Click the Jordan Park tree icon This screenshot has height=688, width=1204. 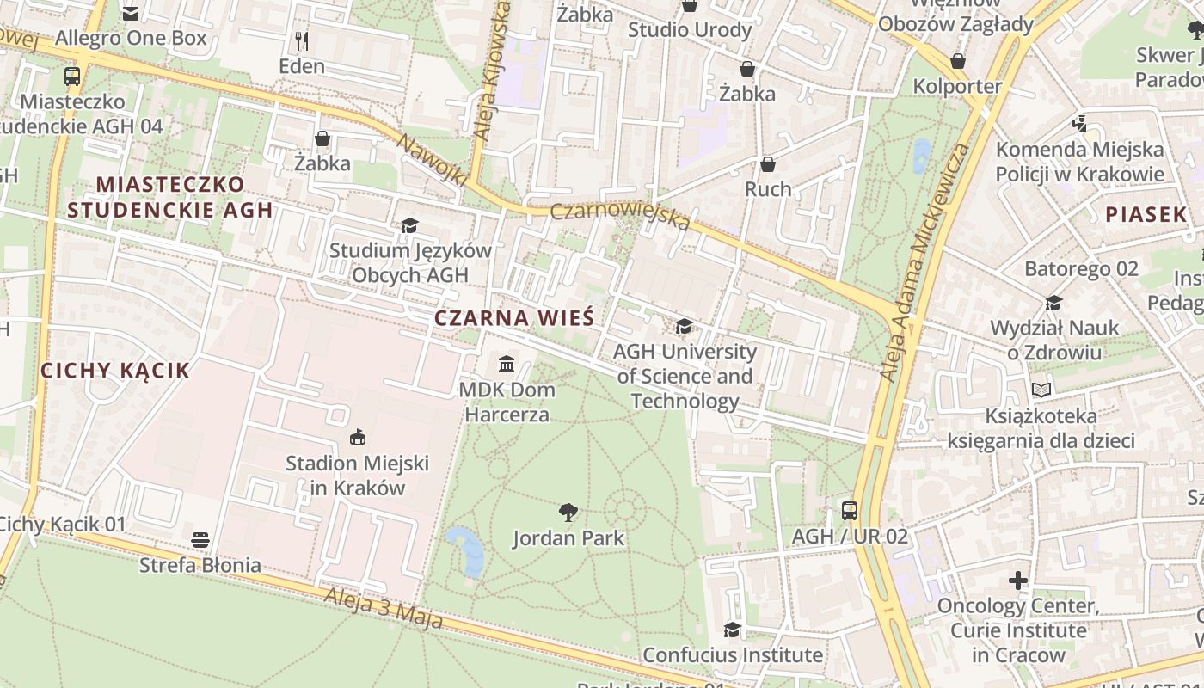(568, 513)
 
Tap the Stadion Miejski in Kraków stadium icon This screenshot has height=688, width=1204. (358, 438)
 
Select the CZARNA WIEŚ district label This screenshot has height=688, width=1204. (514, 317)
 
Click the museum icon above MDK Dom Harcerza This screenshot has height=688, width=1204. (507, 364)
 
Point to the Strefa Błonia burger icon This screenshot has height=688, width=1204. (200, 540)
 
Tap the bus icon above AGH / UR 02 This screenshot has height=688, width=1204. (850, 511)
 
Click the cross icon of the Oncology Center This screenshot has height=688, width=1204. (1018, 580)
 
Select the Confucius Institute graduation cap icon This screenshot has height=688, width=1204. (732, 630)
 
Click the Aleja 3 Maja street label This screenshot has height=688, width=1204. (384, 607)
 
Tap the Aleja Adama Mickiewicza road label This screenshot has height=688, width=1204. (925, 262)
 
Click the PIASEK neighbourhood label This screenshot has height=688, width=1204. (1146, 214)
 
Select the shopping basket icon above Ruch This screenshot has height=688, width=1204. (768, 163)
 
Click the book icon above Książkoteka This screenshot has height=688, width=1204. (1041, 390)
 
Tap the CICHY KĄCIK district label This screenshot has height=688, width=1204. (115, 371)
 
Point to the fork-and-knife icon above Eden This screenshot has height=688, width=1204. (302, 40)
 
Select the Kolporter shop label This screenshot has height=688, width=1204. (957, 86)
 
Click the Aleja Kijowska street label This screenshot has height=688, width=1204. (493, 71)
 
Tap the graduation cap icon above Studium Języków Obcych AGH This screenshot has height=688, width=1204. (410, 225)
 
